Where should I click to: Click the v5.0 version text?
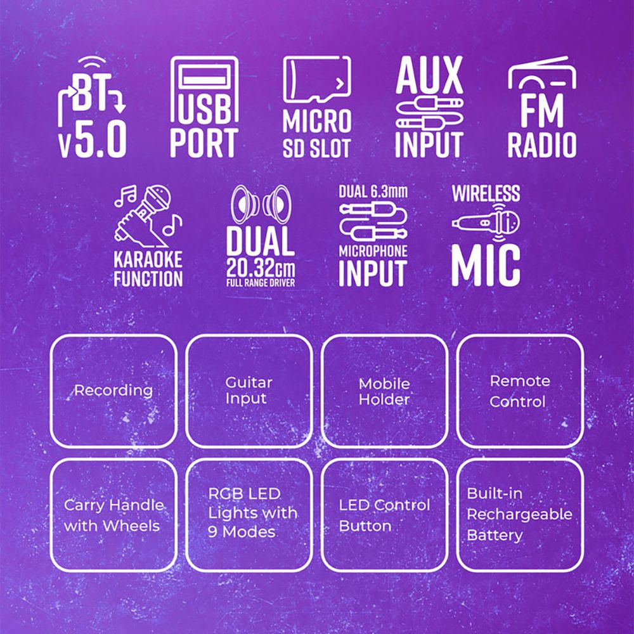93,139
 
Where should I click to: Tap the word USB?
205,109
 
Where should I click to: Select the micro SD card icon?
316,80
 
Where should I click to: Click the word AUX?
429,75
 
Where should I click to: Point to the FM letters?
542,110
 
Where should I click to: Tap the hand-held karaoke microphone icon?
148,216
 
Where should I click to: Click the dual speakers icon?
261,204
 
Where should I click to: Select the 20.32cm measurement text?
261,268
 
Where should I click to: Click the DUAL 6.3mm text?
373,191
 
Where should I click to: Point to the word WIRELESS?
486,193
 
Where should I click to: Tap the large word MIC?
486,265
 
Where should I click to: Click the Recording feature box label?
113,391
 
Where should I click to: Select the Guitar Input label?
249,390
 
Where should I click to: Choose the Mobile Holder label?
384,392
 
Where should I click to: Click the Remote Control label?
520,391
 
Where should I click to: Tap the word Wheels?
131,526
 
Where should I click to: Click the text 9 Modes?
242,532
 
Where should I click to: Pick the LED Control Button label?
384,515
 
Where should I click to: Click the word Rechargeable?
520,515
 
